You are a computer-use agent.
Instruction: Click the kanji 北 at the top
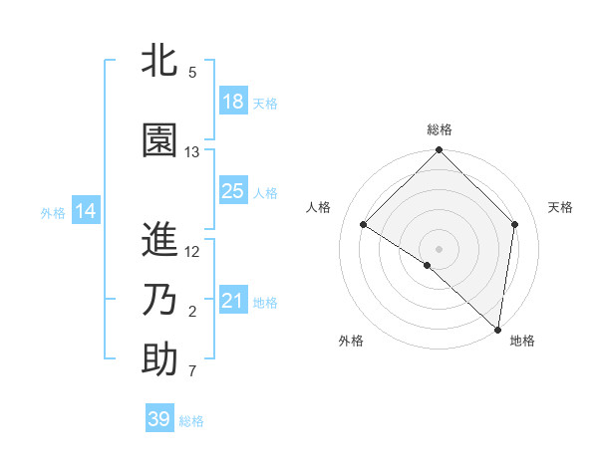[x=159, y=62]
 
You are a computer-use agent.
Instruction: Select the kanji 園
[x=159, y=140]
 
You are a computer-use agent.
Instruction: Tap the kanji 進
[x=159, y=240]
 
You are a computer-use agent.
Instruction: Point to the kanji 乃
[x=159, y=300]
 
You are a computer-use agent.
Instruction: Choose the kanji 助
[x=159, y=359]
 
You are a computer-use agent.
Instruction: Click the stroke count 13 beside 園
[x=192, y=151]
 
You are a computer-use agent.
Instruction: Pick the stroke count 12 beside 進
[x=192, y=251]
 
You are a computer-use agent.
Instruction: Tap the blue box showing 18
[x=233, y=102]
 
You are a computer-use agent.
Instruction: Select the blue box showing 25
[x=233, y=191]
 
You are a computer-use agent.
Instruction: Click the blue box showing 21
[x=233, y=301]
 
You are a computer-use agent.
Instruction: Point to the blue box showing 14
[x=86, y=211]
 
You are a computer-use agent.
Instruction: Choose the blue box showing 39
[x=159, y=419]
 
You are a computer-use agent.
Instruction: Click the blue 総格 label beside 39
[x=191, y=421]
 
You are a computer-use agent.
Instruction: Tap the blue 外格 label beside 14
[x=53, y=212]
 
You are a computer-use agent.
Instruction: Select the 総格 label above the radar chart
[x=440, y=129]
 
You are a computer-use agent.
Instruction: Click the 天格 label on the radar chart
[x=561, y=207]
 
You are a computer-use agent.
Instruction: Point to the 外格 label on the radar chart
[x=351, y=341]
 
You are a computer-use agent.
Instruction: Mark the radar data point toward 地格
[x=497, y=329]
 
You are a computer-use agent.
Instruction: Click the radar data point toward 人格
[x=364, y=224]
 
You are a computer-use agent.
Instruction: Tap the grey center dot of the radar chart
[x=440, y=248]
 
